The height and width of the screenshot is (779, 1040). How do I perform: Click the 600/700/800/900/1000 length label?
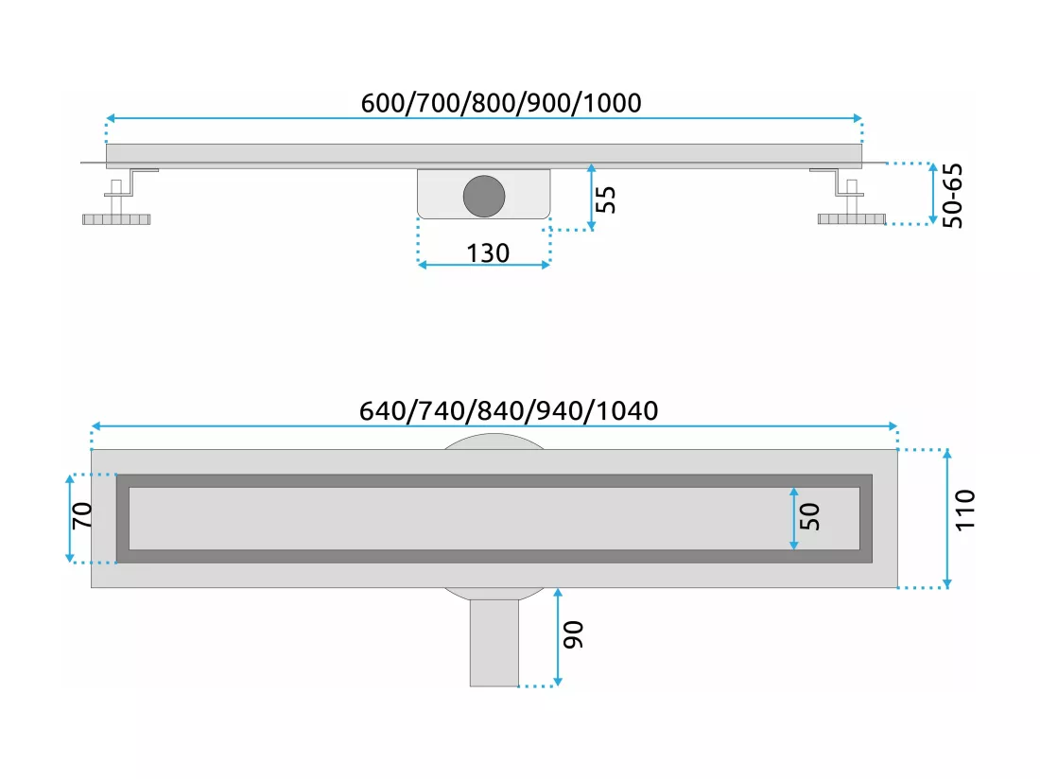(501, 103)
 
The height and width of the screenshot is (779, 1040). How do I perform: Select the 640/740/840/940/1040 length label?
(509, 411)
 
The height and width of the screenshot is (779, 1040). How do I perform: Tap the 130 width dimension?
(488, 253)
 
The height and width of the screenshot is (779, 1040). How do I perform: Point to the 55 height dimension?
(605, 199)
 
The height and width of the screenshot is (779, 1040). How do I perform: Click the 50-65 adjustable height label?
(952, 196)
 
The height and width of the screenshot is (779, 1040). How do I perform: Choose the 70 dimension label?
(81, 515)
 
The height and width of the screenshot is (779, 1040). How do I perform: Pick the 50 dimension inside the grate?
(810, 516)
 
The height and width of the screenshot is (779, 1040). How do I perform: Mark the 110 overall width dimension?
(965, 510)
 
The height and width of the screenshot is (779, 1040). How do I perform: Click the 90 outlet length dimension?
(573, 634)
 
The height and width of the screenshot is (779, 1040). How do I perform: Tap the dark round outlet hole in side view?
(484, 197)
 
